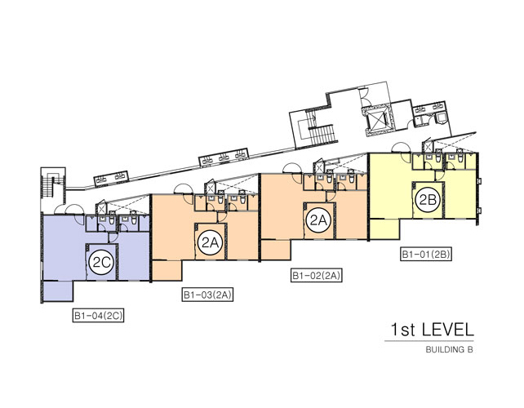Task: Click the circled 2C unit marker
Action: click(x=102, y=263)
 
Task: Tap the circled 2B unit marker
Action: click(x=428, y=200)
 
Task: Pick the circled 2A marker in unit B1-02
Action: click(x=318, y=220)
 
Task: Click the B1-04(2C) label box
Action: click(x=98, y=316)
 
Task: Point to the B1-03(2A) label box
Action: click(x=207, y=295)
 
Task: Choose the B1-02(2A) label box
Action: click(x=317, y=276)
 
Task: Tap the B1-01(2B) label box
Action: click(x=426, y=254)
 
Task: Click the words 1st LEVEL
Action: click(x=432, y=330)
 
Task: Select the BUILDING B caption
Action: click(x=450, y=350)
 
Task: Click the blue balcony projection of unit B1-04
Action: click(x=58, y=291)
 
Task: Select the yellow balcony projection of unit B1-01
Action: click(x=385, y=229)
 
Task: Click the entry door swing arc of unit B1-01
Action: click(x=402, y=149)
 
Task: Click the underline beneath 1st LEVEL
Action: click(x=429, y=341)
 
